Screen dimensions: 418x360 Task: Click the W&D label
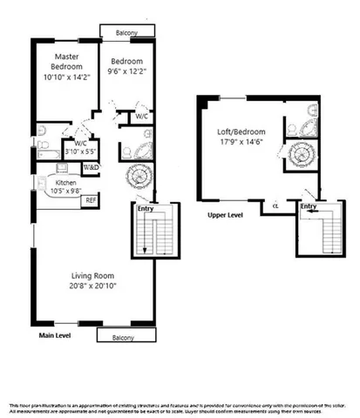tap(91, 167)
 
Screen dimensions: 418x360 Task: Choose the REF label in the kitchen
tap(90, 199)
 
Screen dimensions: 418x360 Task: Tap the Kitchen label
tap(66, 184)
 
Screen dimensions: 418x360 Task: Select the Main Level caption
tap(54, 334)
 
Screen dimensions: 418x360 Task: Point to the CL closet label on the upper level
tap(275, 206)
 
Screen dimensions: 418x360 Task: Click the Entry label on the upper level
tap(308, 206)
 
